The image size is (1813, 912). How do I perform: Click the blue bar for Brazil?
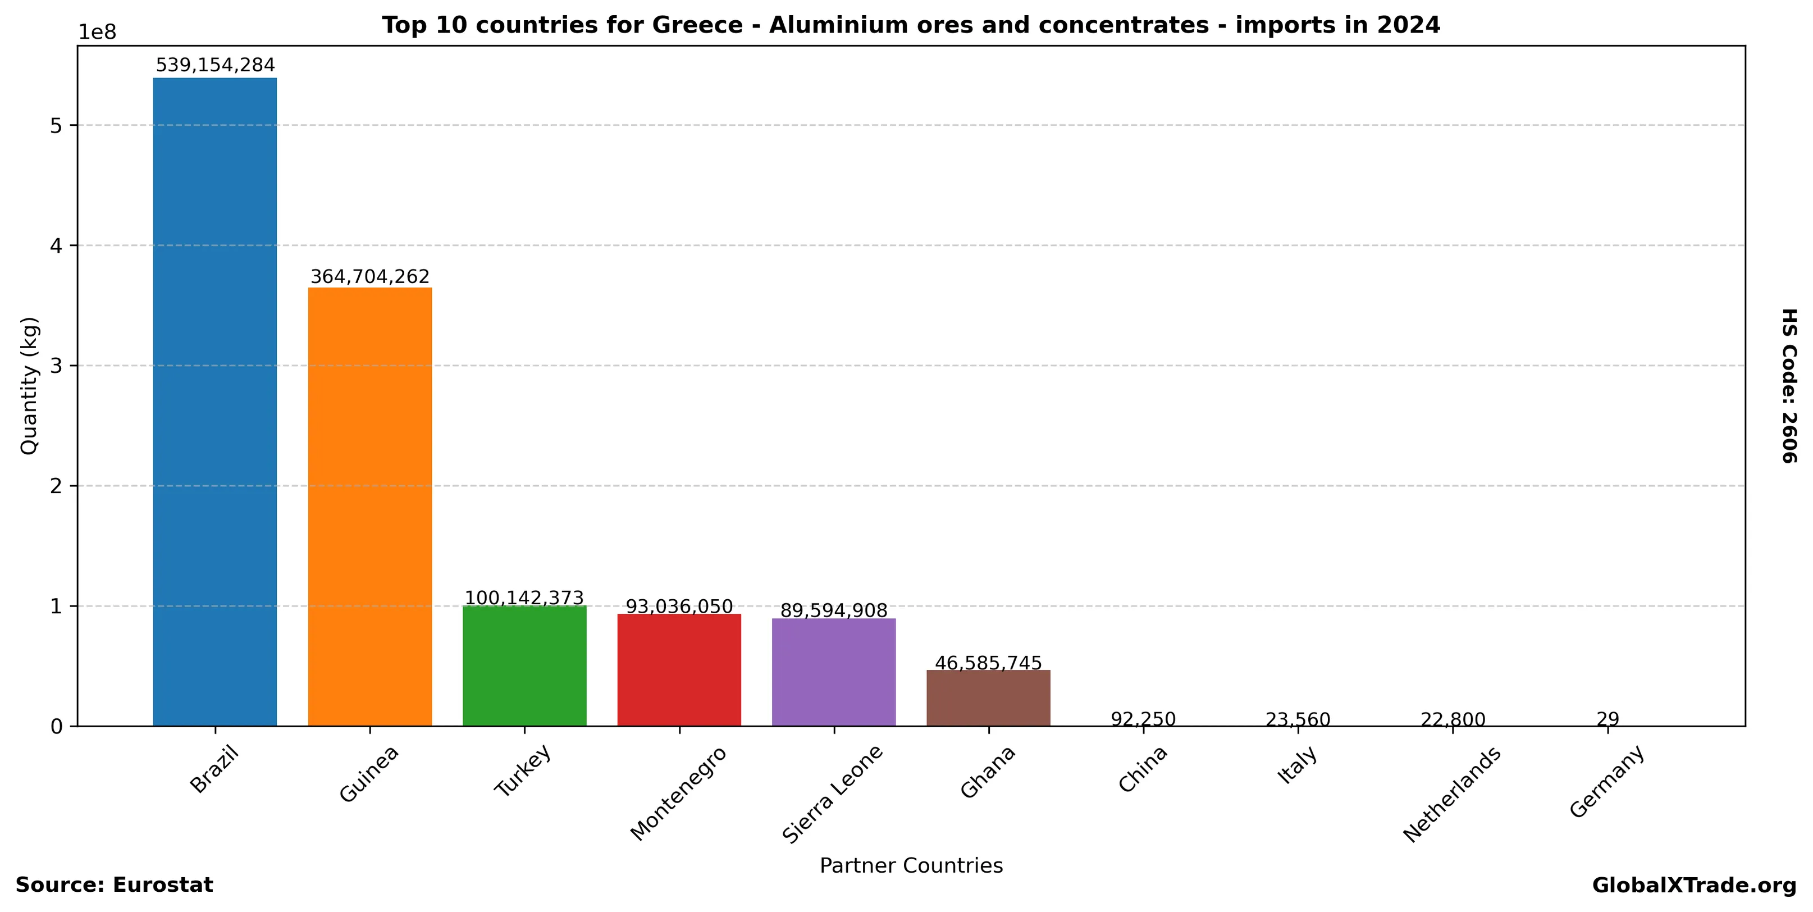tap(214, 401)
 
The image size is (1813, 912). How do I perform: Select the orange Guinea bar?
tap(369, 506)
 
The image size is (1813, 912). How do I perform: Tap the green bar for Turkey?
tap(524, 665)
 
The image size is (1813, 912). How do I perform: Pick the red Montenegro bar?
tap(679, 669)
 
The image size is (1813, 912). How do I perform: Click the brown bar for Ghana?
tap(988, 697)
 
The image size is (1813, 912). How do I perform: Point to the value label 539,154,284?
tap(214, 66)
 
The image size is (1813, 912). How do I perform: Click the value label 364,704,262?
tap(369, 276)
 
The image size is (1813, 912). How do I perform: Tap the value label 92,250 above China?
tap(1143, 719)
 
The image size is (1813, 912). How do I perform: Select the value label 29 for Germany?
tap(1608, 719)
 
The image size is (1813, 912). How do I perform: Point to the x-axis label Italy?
tap(1297, 765)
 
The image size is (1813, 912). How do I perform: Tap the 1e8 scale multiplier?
tap(97, 33)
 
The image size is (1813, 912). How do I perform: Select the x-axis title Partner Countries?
tap(911, 865)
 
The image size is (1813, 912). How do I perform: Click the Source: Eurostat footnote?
tap(114, 885)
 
